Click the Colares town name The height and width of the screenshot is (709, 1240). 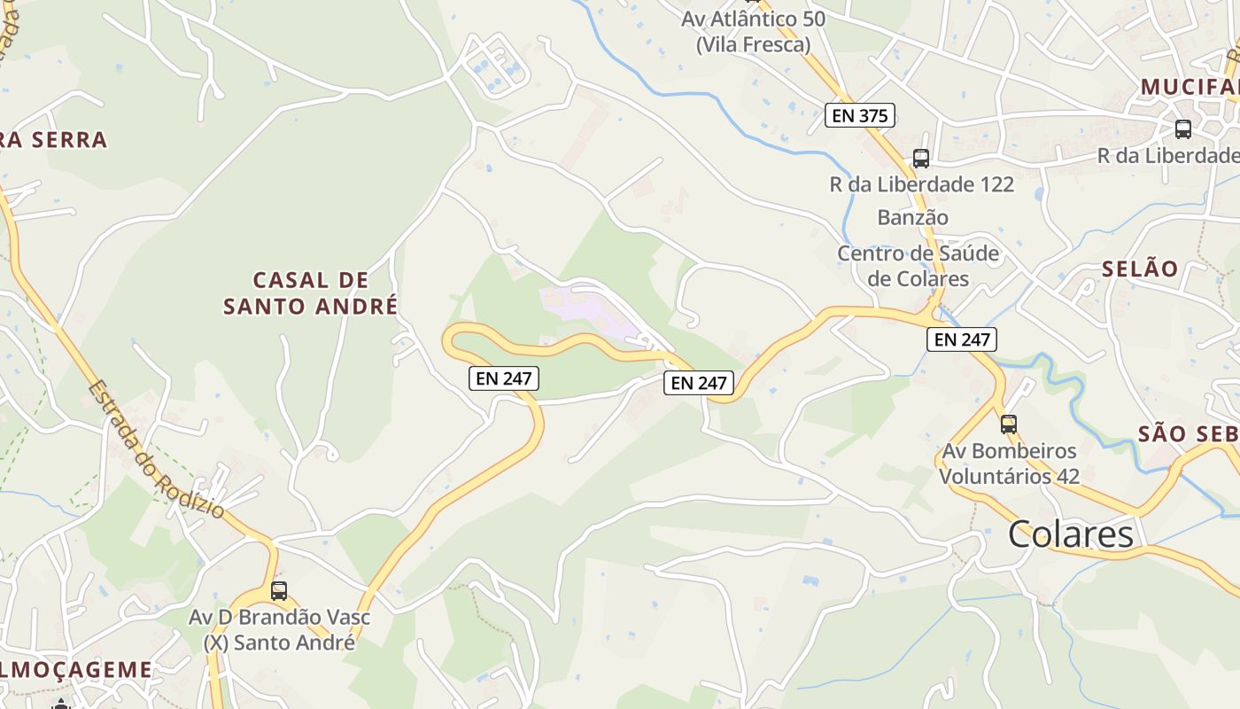click(x=1070, y=534)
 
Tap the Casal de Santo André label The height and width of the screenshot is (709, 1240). click(x=310, y=293)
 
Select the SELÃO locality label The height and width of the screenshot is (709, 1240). click(x=1140, y=269)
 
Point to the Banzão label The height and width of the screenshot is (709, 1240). click(x=912, y=217)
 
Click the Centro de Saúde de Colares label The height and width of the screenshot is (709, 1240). click(x=918, y=266)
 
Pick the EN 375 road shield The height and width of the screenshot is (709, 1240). click(x=859, y=115)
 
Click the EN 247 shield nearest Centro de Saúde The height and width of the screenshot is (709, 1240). click(x=961, y=339)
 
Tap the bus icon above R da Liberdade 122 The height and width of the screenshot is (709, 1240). click(x=921, y=159)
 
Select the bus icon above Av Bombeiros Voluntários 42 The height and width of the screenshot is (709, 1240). click(x=1008, y=424)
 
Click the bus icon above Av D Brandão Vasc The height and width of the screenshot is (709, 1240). click(x=279, y=590)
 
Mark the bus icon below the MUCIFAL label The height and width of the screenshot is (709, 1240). click(x=1182, y=129)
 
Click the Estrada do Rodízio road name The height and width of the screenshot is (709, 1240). click(x=156, y=449)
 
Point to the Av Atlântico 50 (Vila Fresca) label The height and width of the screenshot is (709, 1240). click(x=753, y=31)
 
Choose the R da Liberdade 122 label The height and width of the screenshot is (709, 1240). click(x=921, y=185)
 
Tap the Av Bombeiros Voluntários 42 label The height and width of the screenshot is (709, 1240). click(x=1009, y=464)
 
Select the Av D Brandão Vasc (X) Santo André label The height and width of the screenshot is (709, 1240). click(x=280, y=629)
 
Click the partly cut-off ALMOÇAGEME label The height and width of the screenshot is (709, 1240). click(x=76, y=669)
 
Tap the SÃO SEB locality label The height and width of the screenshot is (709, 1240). click(x=1187, y=433)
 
